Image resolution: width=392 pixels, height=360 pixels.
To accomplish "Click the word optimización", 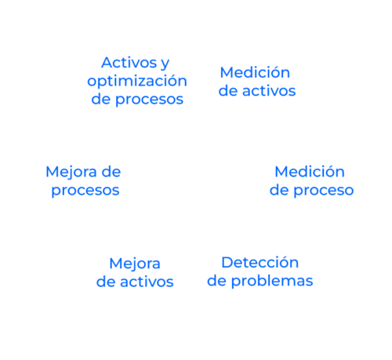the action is (x=137, y=82).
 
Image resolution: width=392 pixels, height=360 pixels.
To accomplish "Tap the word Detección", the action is (x=260, y=262).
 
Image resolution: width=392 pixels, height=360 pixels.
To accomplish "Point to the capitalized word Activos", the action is (x=129, y=63).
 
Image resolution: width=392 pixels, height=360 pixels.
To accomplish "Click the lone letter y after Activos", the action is (x=165, y=64).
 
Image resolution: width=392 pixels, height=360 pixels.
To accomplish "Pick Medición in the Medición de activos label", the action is (x=255, y=72).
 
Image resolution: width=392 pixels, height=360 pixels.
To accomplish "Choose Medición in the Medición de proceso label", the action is (x=310, y=172).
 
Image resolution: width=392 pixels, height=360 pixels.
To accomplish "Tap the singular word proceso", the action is (x=324, y=191).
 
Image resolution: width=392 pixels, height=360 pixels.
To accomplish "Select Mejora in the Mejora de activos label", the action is (x=135, y=264).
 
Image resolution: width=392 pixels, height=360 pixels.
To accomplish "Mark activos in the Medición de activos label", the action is (x=269, y=91).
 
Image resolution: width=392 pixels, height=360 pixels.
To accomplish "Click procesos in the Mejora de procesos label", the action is (x=85, y=191).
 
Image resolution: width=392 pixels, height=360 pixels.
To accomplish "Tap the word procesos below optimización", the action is (x=149, y=100).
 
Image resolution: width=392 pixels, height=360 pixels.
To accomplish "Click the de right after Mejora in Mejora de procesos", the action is (x=111, y=172).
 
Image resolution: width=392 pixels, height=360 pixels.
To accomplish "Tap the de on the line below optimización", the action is (x=101, y=99).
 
